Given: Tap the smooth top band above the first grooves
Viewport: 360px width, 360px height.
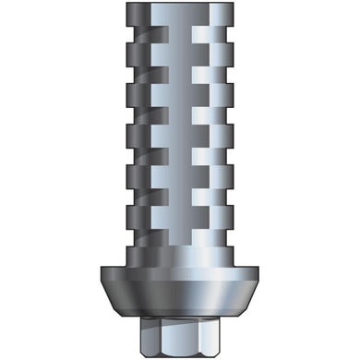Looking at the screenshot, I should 179,23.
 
